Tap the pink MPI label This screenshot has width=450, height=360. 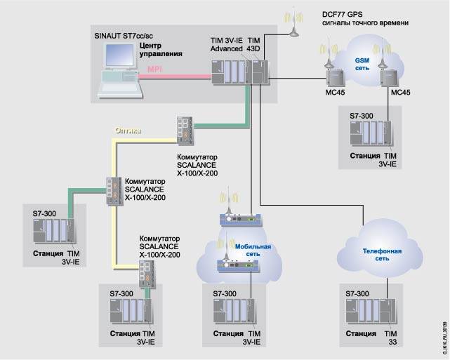coord(154,69)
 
